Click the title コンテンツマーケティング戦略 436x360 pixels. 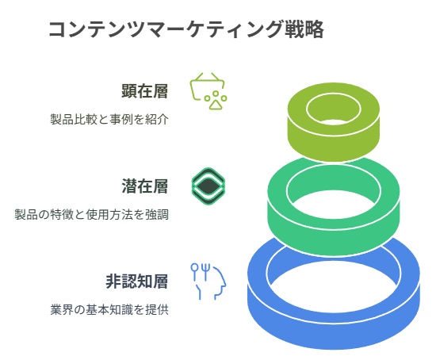click(186, 29)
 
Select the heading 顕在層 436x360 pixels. click(145, 91)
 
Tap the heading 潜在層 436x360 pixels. click(145, 186)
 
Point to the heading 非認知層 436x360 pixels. click(137, 281)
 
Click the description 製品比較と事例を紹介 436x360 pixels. click(109, 120)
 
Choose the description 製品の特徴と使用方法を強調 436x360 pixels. click(91, 215)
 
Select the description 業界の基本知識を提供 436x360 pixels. click(109, 309)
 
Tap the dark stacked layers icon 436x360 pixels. click(208, 186)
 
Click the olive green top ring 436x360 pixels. click(333, 142)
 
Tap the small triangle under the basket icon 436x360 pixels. click(215, 105)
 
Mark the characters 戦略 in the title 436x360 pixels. click(304, 29)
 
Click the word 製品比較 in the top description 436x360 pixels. click(74, 120)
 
